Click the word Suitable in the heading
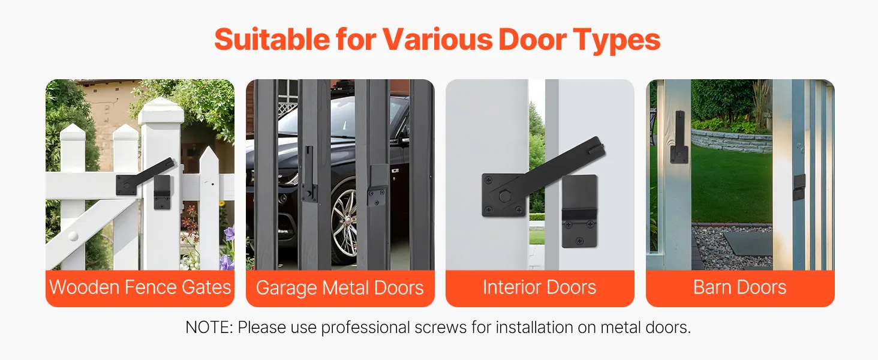272,39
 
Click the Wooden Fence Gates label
140,287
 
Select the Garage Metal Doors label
340,288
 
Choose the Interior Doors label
539,287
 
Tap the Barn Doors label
739,287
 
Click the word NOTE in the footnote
209,327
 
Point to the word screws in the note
441,328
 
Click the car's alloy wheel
343,220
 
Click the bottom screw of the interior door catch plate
580,241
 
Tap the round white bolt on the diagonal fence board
73,236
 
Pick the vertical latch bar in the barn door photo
679,137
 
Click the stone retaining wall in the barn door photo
732,139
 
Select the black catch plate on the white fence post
163,192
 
